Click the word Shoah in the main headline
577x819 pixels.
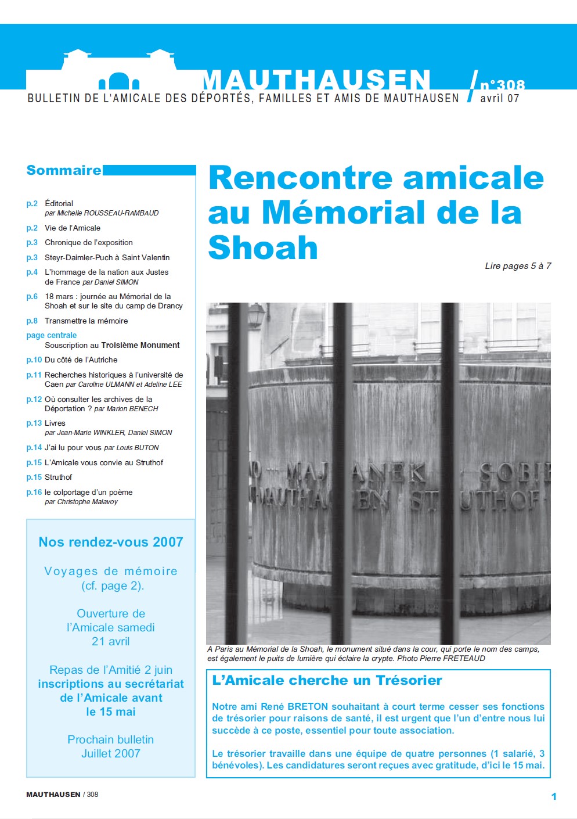click(x=263, y=248)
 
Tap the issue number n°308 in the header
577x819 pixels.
click(x=502, y=85)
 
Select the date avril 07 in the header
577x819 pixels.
click(x=499, y=99)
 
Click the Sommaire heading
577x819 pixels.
click(x=64, y=170)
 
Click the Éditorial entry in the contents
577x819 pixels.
click(x=59, y=203)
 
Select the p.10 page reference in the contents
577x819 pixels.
click(x=34, y=360)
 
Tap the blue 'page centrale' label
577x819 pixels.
click(x=51, y=335)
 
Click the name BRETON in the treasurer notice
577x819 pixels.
click(x=308, y=706)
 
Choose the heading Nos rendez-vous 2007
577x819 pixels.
click(x=111, y=542)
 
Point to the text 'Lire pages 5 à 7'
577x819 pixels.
click(x=518, y=266)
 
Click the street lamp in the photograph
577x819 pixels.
click(x=255, y=317)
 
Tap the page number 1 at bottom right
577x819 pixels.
click(x=554, y=796)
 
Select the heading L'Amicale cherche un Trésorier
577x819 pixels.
click(x=327, y=680)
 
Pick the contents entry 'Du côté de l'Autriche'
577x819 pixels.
click(x=81, y=360)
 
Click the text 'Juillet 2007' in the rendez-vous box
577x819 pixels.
click(x=111, y=753)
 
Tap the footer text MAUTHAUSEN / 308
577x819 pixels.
click(x=62, y=794)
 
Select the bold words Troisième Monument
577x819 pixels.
click(x=140, y=345)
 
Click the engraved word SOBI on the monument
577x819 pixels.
click(x=514, y=473)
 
